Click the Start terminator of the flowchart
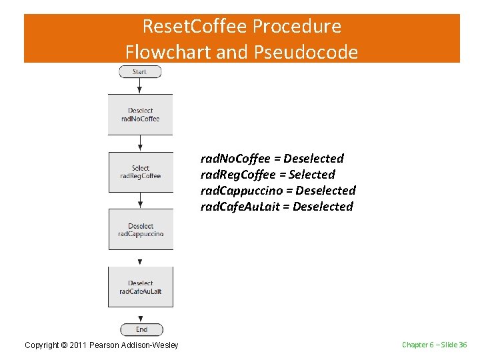coord(140,71)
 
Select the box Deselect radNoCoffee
coord(140,115)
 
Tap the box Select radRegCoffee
coord(140,172)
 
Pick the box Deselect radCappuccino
coord(140,229)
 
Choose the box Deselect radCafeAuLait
coord(140,287)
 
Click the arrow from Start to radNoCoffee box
coord(140,86)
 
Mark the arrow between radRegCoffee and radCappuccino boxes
coord(140,201)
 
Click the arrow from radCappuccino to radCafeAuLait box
coord(140,259)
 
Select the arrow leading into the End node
coord(140,315)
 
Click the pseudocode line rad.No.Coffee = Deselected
coord(272,159)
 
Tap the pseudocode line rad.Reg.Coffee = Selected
coord(267,175)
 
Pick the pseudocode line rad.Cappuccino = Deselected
coord(278,191)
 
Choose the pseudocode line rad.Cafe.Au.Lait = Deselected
coord(277,207)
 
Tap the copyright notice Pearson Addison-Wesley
coord(101,345)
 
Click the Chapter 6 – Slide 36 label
coord(434,345)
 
